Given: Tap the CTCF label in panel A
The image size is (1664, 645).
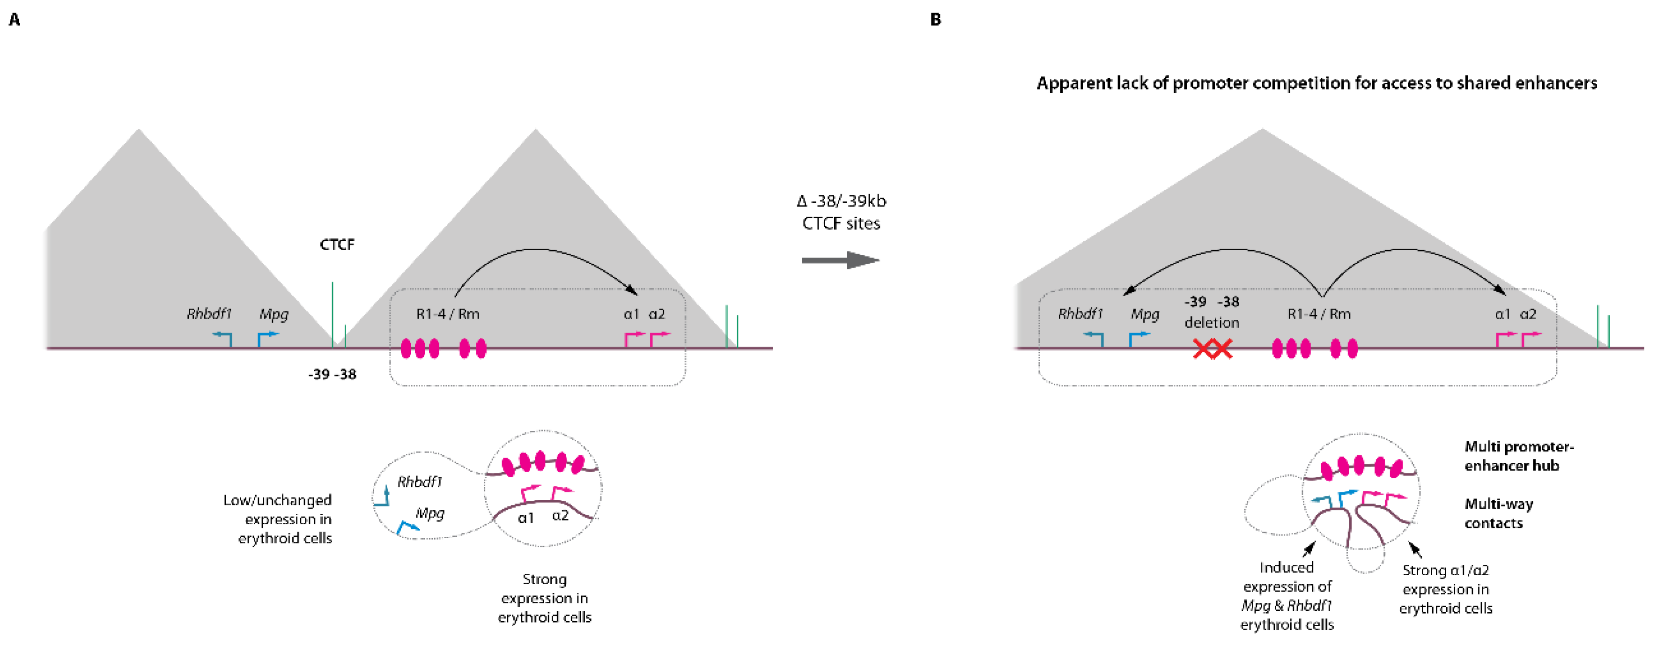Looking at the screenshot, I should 337,245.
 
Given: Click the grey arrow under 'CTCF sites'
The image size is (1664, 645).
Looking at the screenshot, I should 840,260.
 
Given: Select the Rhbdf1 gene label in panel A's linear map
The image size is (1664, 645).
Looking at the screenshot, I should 209,314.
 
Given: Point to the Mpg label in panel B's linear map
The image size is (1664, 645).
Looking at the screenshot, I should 1145,314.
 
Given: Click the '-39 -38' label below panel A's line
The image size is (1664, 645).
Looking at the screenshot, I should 332,374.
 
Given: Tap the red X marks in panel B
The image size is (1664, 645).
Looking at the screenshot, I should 1213,349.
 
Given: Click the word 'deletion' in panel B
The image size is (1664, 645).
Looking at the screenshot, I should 1212,322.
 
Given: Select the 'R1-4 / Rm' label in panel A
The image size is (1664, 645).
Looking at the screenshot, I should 448,314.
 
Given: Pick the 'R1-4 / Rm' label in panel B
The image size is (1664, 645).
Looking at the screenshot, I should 1319,314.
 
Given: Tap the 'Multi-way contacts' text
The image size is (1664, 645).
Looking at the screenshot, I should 1499,513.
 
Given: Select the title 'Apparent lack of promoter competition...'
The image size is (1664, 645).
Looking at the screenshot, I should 1316,83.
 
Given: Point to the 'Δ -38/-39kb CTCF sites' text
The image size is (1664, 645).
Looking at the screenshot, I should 841,212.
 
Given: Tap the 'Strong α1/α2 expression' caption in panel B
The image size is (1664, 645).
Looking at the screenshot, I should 1446,589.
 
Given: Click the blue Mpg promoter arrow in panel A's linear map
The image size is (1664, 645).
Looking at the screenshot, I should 266,338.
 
